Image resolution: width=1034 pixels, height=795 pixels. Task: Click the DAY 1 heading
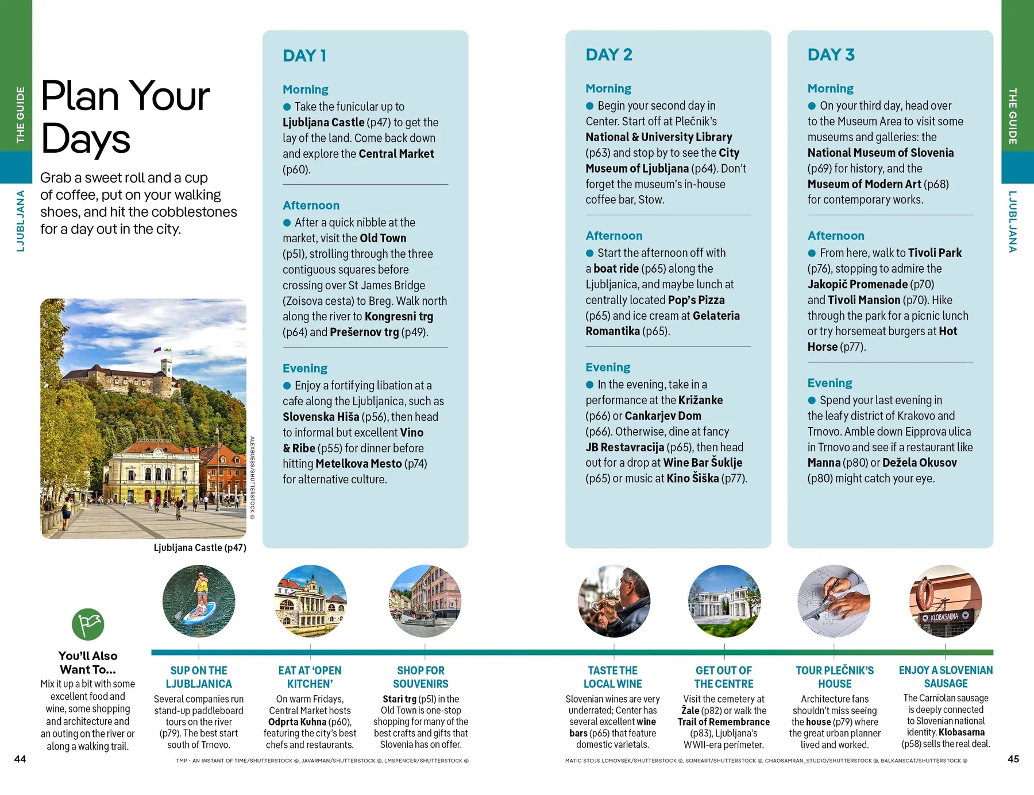(304, 56)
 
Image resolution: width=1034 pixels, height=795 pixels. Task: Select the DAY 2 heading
(608, 55)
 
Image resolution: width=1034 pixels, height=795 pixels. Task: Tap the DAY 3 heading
(831, 55)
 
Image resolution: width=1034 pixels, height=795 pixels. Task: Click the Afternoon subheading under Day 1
(311, 205)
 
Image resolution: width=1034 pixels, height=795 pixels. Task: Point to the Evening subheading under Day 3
(829, 383)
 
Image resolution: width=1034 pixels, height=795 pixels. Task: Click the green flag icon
(88, 624)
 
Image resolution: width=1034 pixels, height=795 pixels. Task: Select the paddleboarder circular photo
(199, 601)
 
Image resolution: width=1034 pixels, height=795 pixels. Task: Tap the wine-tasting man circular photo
(614, 601)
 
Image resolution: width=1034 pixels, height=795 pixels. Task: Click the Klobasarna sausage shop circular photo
(945, 601)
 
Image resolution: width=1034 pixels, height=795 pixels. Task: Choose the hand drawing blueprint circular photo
(834, 601)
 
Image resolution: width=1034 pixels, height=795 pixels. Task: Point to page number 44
(20, 759)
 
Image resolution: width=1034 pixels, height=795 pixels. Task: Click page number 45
(1013, 759)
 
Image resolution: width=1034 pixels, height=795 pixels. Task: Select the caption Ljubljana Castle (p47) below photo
(200, 548)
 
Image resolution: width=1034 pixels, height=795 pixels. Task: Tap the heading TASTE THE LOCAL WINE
(613, 677)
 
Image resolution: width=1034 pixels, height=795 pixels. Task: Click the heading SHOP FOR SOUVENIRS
(420, 677)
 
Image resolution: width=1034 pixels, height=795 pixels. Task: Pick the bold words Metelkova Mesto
(358, 464)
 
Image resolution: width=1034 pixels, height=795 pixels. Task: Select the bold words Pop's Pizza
(696, 300)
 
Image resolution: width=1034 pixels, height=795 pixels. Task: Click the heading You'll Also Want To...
(88, 662)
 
